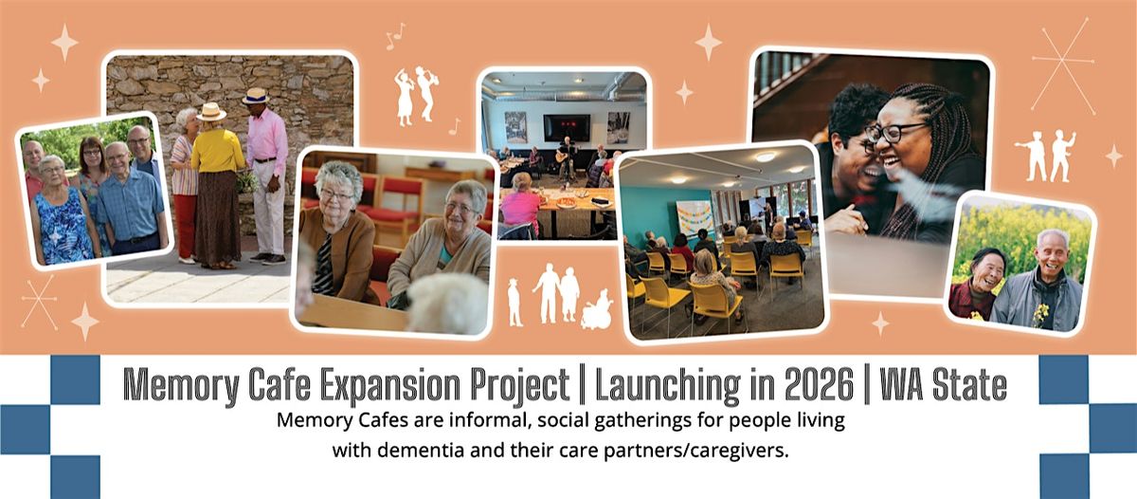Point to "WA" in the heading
[900, 385]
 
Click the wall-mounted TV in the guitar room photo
[567, 127]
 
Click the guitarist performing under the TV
[567, 157]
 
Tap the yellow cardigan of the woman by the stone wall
[217, 151]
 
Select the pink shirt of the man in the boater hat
[267, 135]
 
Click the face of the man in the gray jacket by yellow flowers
[1053, 252]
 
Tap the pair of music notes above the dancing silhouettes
[395, 36]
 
